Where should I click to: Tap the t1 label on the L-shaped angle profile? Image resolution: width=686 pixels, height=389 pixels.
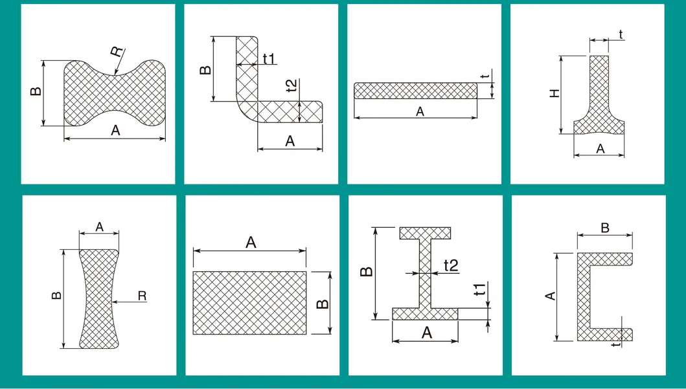(269, 59)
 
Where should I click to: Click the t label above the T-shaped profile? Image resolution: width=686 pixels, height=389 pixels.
(621, 34)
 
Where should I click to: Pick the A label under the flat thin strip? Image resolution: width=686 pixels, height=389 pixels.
(420, 111)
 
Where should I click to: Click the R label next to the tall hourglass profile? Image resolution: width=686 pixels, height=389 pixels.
(142, 296)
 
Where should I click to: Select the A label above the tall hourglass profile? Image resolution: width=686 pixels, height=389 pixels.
(99, 227)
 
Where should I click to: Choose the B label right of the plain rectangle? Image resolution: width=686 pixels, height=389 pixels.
(324, 303)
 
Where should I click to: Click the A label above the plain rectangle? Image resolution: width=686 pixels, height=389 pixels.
(251, 243)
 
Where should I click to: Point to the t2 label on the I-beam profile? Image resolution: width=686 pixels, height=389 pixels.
(451, 265)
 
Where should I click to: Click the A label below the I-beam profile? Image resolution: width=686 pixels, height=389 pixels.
(427, 333)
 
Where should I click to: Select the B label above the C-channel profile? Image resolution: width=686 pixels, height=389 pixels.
(605, 228)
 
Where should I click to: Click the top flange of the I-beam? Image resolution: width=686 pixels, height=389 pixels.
(426, 232)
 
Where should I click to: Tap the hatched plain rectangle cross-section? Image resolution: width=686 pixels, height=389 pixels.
(250, 302)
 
